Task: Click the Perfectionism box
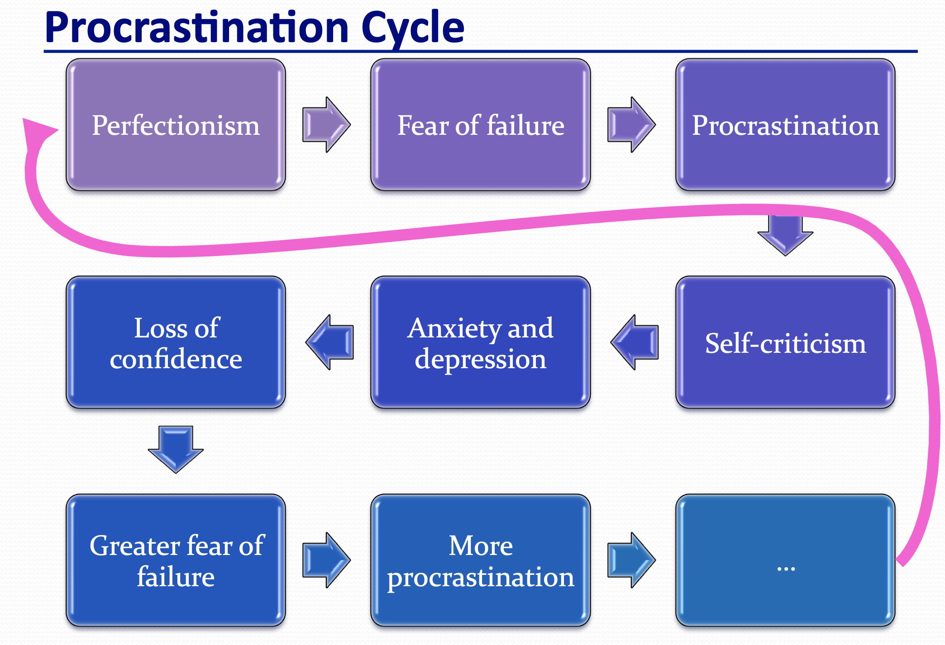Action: (176, 125)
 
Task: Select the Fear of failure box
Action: (480, 125)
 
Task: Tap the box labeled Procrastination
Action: (785, 125)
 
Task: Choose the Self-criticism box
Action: (785, 343)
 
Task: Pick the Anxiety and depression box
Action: (480, 343)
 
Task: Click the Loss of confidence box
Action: (176, 343)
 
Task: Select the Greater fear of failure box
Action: (176, 560)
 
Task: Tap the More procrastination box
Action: (480, 560)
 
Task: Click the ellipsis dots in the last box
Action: (786, 569)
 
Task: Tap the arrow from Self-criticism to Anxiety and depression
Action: (635, 342)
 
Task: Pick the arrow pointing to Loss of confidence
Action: (329, 342)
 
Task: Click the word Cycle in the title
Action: (413, 28)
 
